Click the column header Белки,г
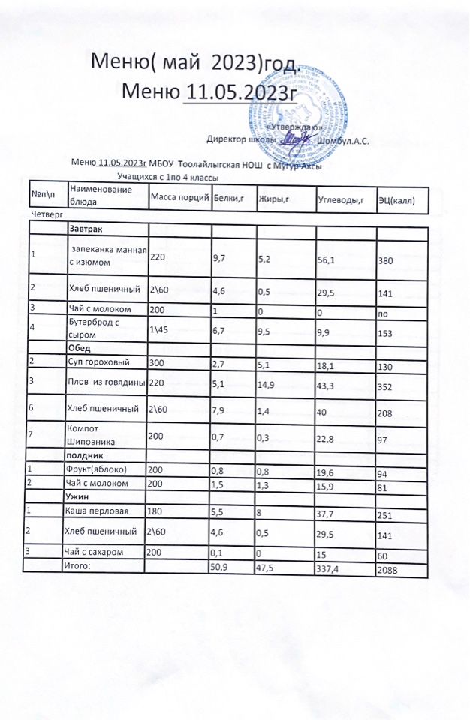coord(230,198)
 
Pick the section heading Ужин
coord(80,496)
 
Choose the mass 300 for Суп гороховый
coord(157,363)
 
